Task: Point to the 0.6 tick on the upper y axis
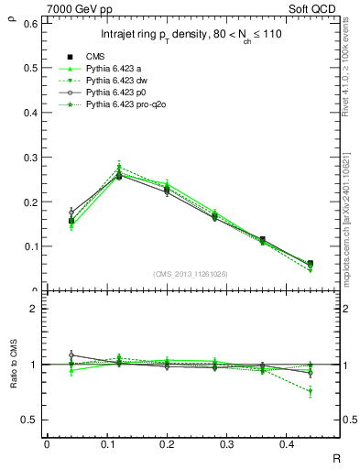[x=29, y=23]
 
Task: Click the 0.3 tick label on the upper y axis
[x=29, y=157]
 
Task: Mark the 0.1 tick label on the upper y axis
[x=29, y=246]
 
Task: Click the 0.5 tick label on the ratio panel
[x=29, y=420]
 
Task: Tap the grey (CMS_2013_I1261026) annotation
[x=191, y=274]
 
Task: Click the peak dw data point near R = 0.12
[x=119, y=166]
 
